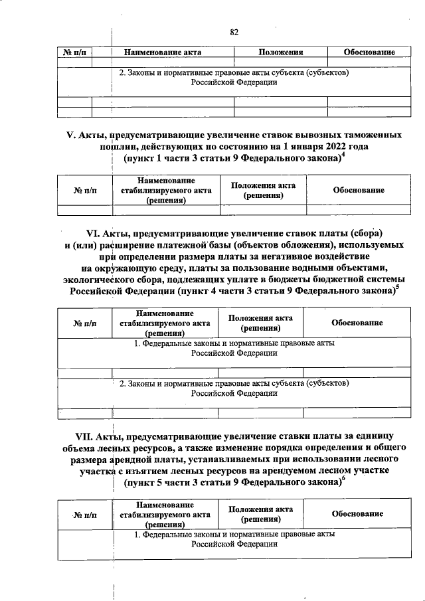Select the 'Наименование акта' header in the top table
157,52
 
